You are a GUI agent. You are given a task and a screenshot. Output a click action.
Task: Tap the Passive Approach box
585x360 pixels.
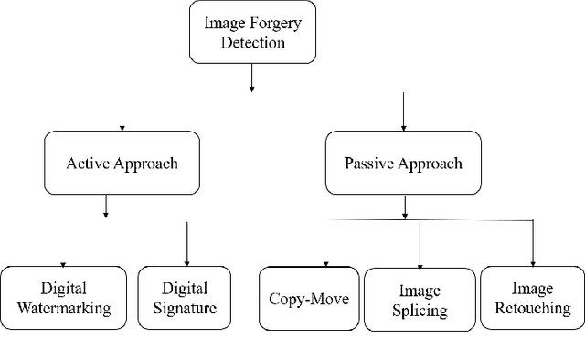403,164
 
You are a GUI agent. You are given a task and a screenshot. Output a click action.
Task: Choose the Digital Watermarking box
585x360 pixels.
63,298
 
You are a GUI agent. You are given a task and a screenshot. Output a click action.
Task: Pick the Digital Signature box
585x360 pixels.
186,298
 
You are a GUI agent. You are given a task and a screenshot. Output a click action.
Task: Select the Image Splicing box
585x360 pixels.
420,300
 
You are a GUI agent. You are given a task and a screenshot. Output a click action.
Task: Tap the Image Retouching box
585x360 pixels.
532,298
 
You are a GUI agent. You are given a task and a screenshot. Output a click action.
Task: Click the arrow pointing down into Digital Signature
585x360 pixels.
186,243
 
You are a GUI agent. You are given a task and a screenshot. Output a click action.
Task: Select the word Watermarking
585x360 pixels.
63,308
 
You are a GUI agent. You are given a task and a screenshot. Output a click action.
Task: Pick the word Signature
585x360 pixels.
186,308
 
